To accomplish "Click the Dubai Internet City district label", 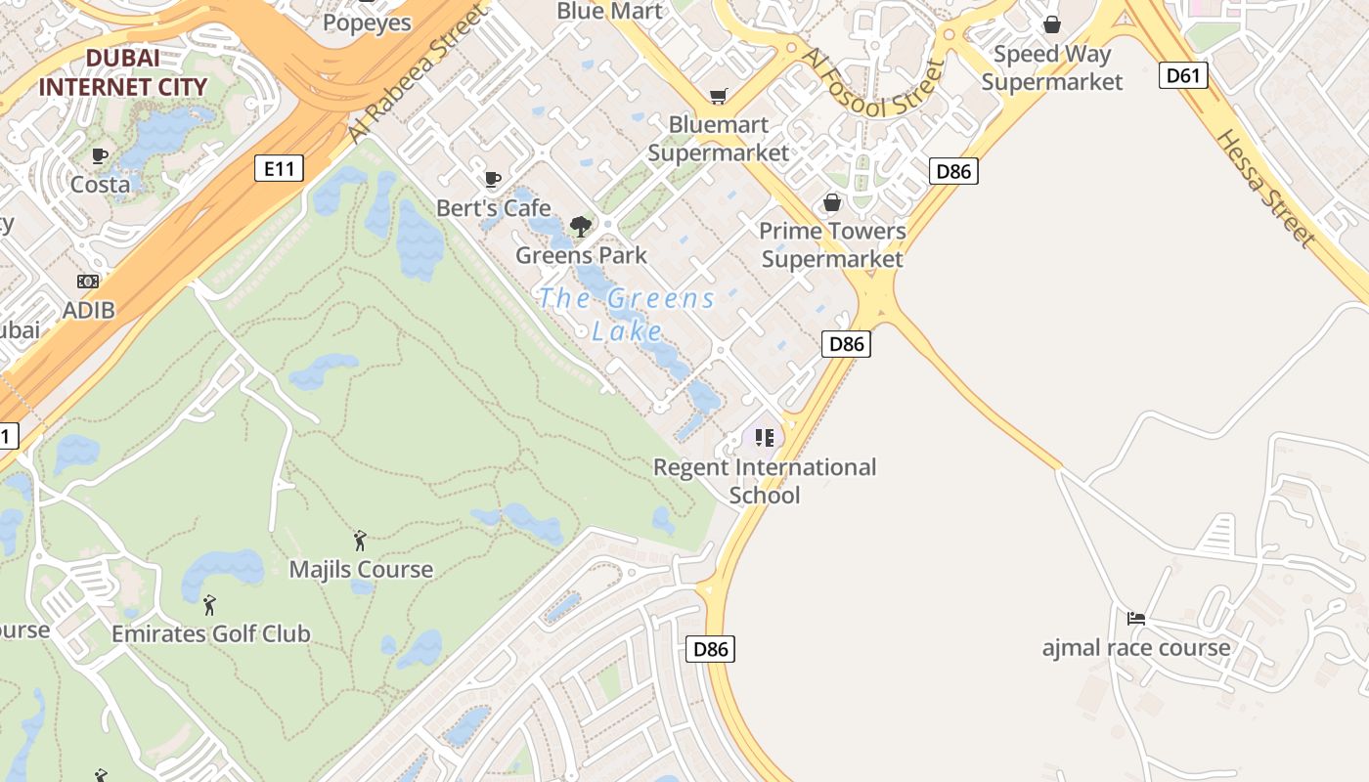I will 123,72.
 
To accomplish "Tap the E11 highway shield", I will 279,168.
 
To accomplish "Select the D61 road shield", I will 1183,75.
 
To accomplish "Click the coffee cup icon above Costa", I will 100,155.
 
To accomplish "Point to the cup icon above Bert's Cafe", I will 493,179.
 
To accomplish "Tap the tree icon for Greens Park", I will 581,227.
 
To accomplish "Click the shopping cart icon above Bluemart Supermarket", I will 719,96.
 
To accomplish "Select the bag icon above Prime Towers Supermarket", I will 832,202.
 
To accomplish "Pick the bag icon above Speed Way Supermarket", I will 1052,24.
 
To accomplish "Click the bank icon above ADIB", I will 88,282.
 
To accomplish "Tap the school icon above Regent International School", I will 765,437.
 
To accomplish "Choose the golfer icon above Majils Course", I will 360,540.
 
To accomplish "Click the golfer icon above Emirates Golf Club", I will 209,605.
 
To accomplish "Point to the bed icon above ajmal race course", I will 1135,618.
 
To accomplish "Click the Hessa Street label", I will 1264,187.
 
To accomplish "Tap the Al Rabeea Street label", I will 416,73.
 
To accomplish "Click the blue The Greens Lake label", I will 627,314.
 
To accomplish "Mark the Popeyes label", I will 367,22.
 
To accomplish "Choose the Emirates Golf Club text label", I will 211,633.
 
